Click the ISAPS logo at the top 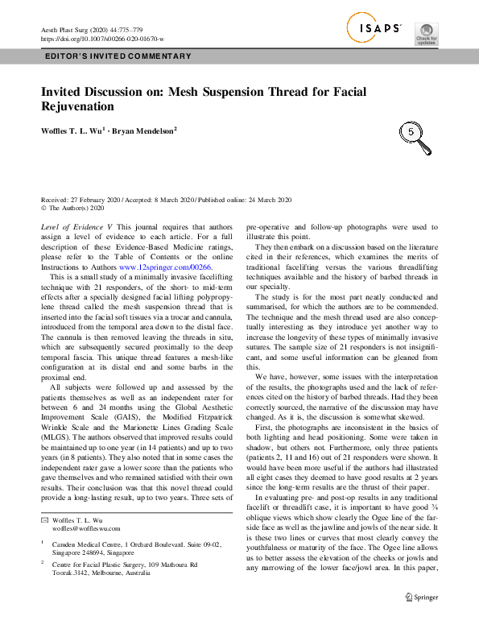point(374,29)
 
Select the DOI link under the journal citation point(101,38)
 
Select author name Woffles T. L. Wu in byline point(72,130)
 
